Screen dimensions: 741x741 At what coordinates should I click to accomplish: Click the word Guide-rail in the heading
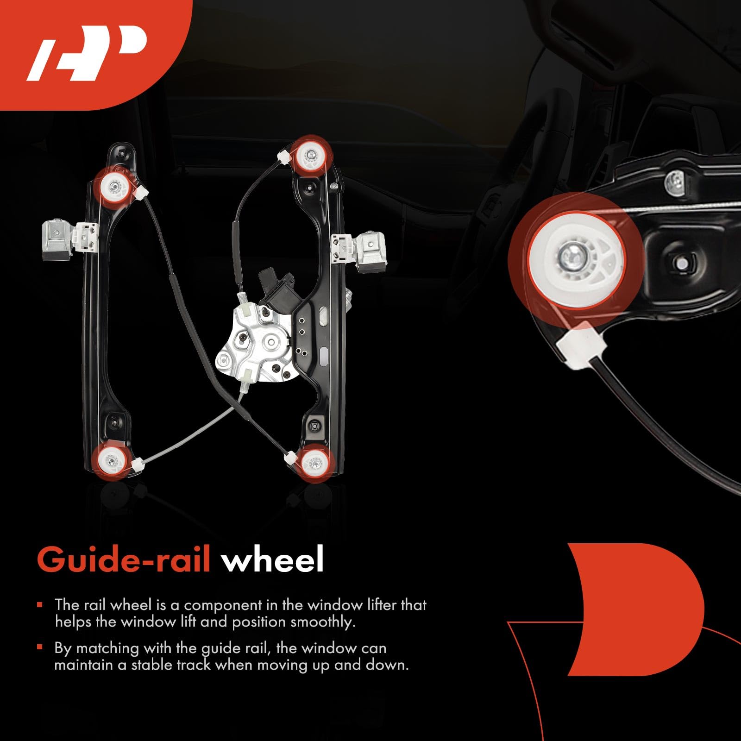pos(124,560)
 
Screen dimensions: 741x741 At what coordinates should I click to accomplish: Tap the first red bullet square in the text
pos(40,605)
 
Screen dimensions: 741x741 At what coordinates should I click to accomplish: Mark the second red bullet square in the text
pos(40,647)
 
